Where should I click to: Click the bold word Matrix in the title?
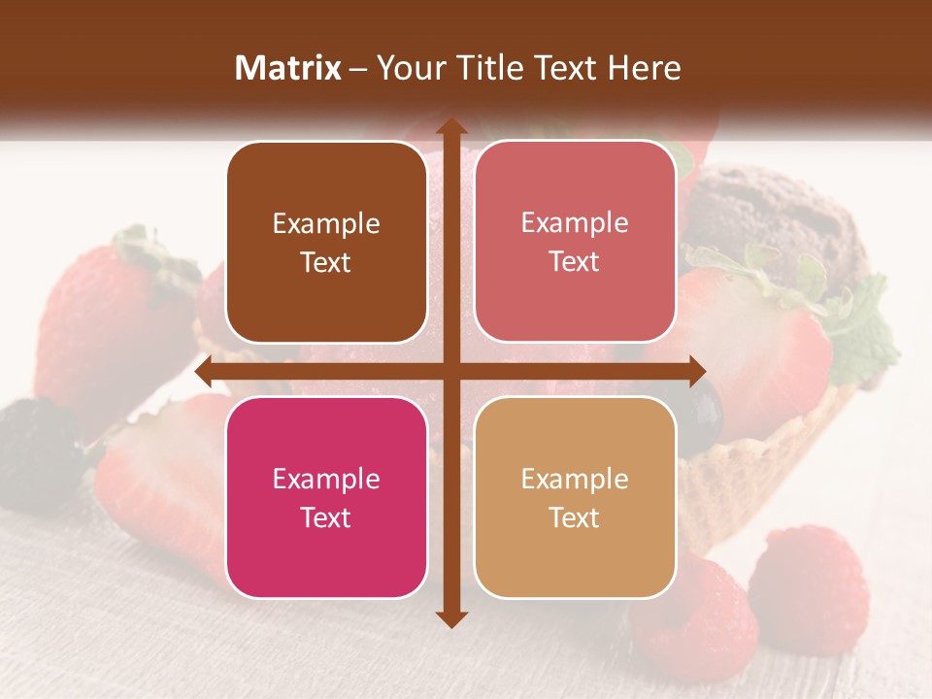click(288, 68)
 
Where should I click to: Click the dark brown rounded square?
click(326, 242)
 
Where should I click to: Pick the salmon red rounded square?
click(575, 242)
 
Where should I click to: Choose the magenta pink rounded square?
click(326, 497)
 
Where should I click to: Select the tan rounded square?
click(575, 497)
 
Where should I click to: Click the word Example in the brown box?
click(326, 224)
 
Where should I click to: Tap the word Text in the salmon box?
click(575, 262)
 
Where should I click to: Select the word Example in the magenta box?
click(326, 480)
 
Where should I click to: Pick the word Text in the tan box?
click(575, 517)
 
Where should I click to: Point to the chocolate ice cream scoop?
click(777, 214)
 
